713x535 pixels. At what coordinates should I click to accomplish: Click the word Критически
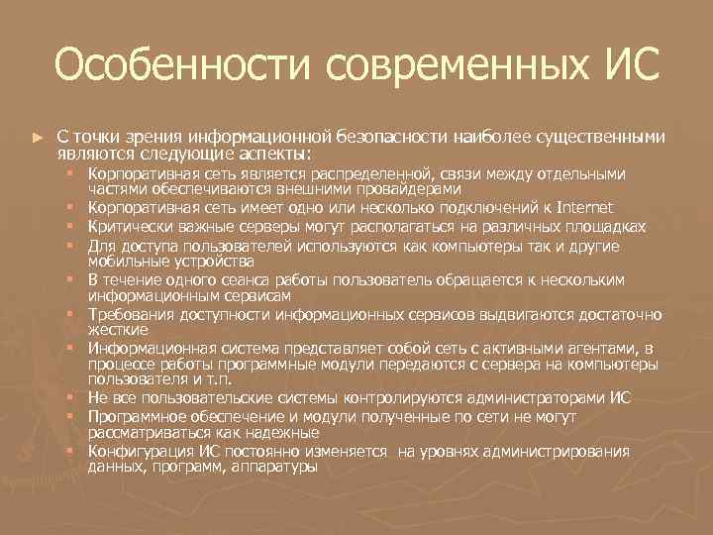click(x=124, y=225)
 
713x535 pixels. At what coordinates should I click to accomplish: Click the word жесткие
click(x=117, y=329)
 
